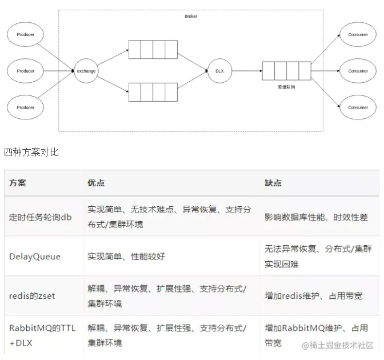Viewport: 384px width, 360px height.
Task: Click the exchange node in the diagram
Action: click(86, 71)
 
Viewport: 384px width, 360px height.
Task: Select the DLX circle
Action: click(219, 71)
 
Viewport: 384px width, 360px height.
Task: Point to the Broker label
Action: click(191, 17)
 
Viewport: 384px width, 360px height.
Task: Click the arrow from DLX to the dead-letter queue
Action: click(246, 71)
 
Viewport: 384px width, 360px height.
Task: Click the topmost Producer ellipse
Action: click(25, 35)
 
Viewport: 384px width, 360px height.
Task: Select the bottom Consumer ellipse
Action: click(358, 107)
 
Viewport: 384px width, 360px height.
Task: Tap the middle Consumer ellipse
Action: click(358, 71)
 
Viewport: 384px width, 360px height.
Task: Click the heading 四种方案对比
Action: click(31, 152)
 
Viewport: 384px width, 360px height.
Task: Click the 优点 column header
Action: click(96, 183)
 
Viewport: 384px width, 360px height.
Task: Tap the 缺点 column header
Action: click(273, 183)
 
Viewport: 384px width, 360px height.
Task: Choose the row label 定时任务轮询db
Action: click(41, 217)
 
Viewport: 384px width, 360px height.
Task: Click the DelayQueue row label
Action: click(35, 257)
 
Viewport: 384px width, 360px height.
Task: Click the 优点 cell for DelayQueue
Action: click(126, 257)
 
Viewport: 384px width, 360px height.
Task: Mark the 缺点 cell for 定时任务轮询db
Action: click(316, 217)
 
